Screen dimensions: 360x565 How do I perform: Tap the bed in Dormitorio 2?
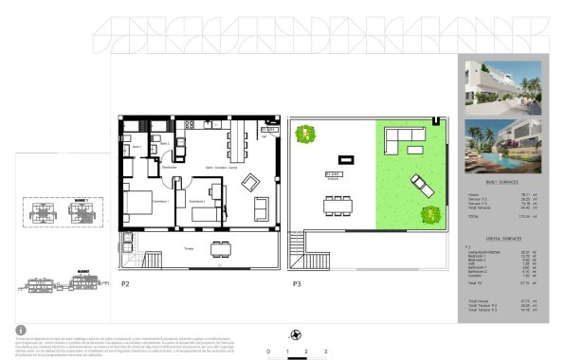click(x=206, y=212)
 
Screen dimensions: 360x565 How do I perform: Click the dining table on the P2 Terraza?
click(x=221, y=249)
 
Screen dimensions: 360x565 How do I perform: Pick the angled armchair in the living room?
click(x=252, y=182)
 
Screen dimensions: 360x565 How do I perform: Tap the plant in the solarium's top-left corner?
click(x=305, y=135)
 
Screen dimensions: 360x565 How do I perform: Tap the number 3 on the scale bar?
click(x=325, y=351)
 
